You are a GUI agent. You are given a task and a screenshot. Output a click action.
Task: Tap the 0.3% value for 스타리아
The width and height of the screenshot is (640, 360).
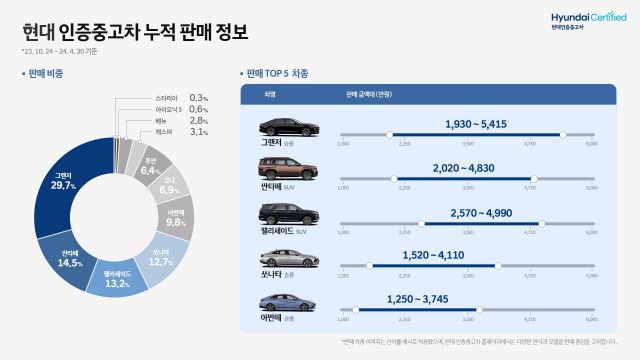pos(199,97)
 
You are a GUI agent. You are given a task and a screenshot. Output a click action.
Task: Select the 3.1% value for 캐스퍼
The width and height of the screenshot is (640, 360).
pos(199,132)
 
